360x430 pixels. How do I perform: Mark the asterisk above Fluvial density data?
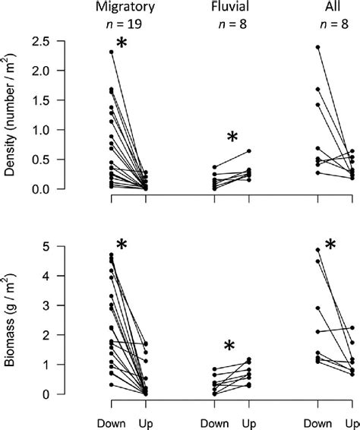232,138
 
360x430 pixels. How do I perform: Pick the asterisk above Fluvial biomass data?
230,349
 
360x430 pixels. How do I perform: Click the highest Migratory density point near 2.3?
112,52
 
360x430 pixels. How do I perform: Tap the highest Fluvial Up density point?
248,151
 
